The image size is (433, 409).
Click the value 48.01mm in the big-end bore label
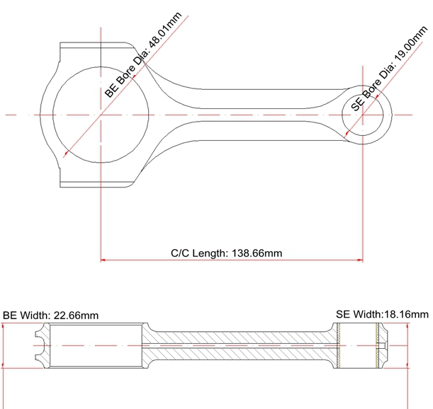coord(165,30)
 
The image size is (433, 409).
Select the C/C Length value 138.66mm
coord(257,253)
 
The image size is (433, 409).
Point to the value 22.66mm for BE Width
coord(76,315)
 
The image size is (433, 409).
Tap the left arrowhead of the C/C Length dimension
coord(103,260)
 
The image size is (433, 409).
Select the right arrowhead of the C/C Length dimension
coord(360,260)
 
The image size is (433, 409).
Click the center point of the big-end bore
coord(101,115)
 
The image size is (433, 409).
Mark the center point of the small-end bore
coord(363,115)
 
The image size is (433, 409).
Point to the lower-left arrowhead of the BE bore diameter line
coord(67,153)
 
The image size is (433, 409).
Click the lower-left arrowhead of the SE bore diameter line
coord(347,134)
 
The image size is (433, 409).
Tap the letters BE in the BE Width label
coord(10,315)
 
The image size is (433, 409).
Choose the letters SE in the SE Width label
coord(343,314)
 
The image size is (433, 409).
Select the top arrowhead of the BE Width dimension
coord(3,326)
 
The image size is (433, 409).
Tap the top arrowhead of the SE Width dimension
coord(408,326)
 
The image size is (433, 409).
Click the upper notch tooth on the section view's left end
coord(39,334)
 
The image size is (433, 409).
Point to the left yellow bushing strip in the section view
coord(339,345)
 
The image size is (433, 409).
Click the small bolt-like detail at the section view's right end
coord(382,346)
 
